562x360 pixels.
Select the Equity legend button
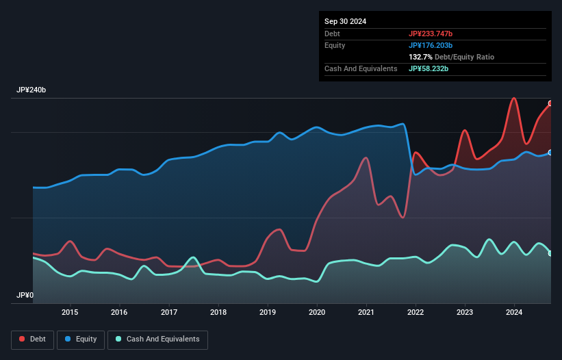81,339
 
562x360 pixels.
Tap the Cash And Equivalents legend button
157,339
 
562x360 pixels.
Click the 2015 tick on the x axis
70,312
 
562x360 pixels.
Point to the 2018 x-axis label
218,312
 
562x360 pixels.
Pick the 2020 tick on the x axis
317,312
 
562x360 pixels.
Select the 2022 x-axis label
416,312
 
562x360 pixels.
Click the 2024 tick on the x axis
514,312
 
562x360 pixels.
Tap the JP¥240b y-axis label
31,90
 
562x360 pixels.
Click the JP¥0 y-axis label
25,296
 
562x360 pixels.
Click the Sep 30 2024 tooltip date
345,21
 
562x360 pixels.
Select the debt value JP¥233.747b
431,34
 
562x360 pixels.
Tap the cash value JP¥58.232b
429,68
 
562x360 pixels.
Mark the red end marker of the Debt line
550,103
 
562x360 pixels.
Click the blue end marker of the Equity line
550,153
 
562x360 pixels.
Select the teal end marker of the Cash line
550,253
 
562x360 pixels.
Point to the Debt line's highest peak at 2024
513,98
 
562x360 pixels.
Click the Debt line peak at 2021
367,158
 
